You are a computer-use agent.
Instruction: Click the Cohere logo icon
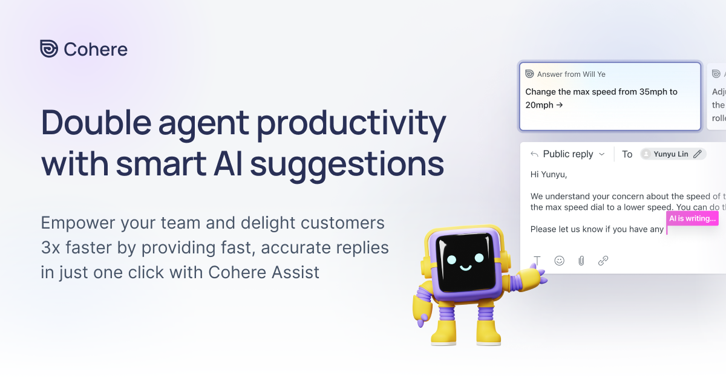49,49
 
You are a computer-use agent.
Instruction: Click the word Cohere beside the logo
96,50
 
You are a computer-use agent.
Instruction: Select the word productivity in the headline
352,123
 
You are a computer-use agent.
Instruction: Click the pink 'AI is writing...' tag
692,218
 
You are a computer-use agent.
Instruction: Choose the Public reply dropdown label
567,154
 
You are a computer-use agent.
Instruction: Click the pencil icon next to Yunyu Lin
698,154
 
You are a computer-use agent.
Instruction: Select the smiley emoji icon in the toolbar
560,261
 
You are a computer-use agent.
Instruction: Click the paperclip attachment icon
581,261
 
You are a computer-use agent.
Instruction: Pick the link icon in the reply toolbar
603,261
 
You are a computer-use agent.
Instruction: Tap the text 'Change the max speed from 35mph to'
601,92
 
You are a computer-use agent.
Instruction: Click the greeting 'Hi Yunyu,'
548,175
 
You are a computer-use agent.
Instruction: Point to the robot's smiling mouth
465,268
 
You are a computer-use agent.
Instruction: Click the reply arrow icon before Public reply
534,154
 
